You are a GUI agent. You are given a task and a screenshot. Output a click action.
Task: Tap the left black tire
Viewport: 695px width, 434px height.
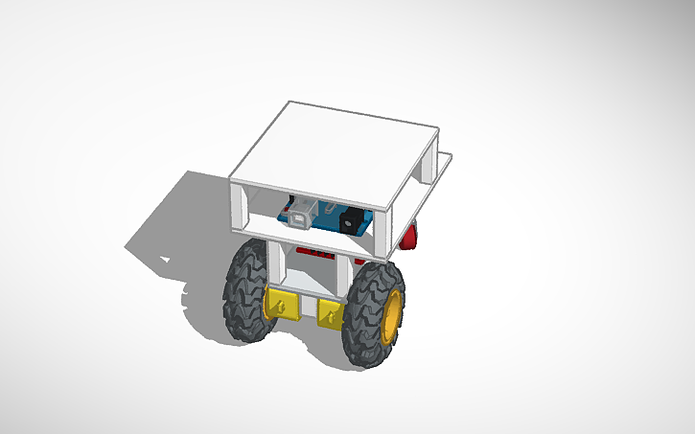pyautogui.click(x=244, y=292)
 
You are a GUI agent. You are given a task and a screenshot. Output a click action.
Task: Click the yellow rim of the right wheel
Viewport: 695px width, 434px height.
pyautogui.click(x=391, y=318)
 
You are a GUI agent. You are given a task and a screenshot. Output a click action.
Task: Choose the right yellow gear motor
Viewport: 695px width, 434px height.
pyautogui.click(x=330, y=312)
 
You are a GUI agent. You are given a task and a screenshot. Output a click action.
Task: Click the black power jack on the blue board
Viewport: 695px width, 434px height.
pyautogui.click(x=350, y=221)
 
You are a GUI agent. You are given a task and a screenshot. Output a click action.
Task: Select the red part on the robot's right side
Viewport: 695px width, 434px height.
pyautogui.click(x=411, y=235)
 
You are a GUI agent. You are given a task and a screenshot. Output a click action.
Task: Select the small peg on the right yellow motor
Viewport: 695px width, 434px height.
pyautogui.click(x=332, y=313)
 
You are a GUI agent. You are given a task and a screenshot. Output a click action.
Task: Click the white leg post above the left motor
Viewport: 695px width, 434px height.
pyautogui.click(x=273, y=263)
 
